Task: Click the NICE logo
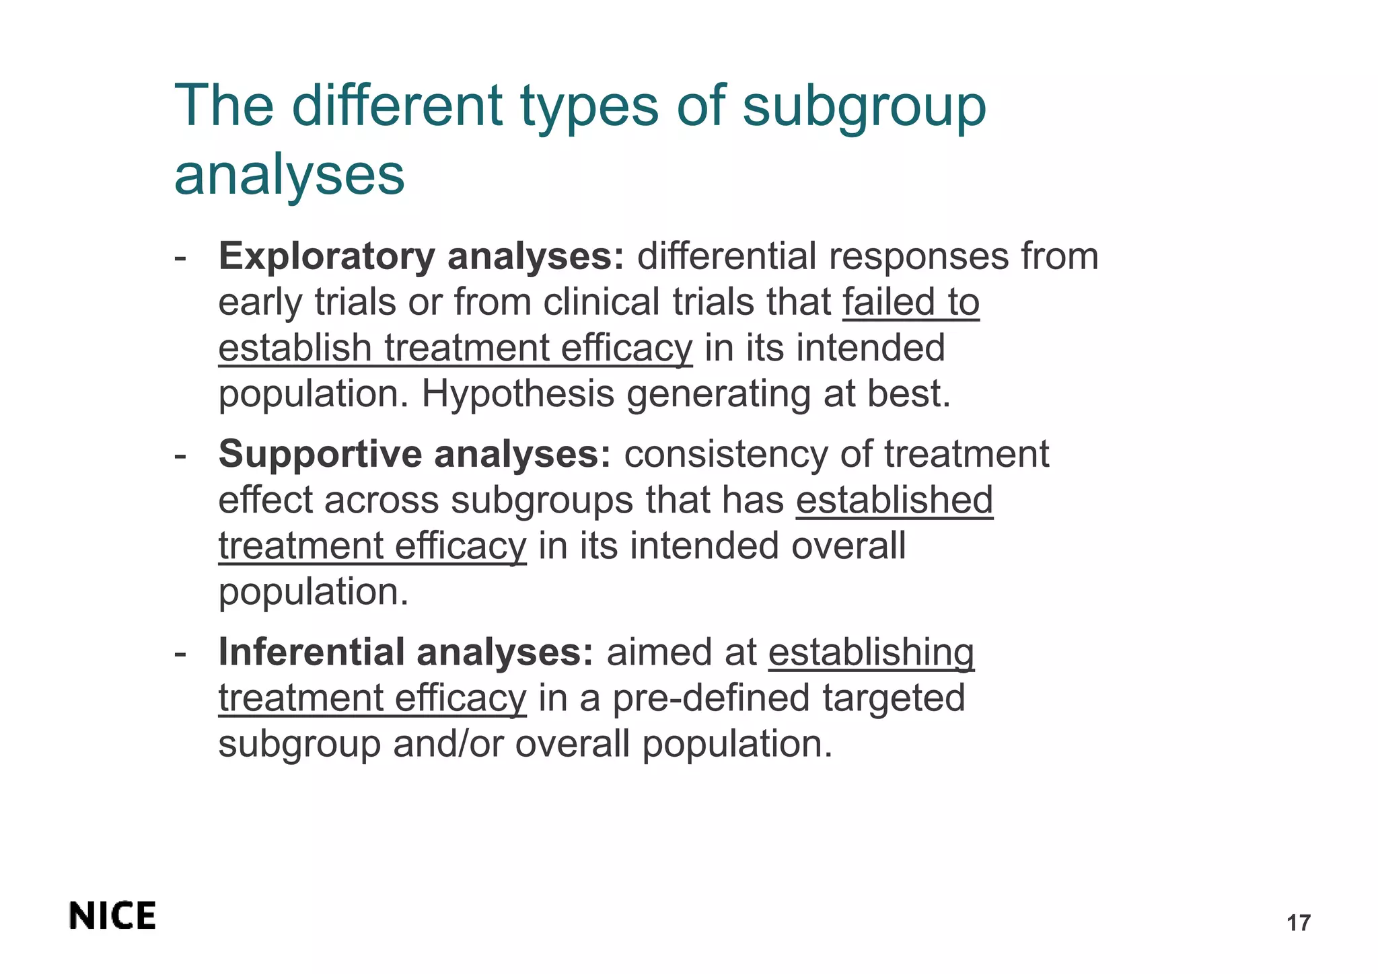tap(112, 916)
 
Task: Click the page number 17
tap(1298, 923)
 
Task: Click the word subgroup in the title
tap(864, 108)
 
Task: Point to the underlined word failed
tap(889, 302)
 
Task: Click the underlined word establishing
tap(871, 652)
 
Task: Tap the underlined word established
tap(894, 500)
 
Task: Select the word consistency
tap(725, 454)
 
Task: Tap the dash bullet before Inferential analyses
tap(180, 653)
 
